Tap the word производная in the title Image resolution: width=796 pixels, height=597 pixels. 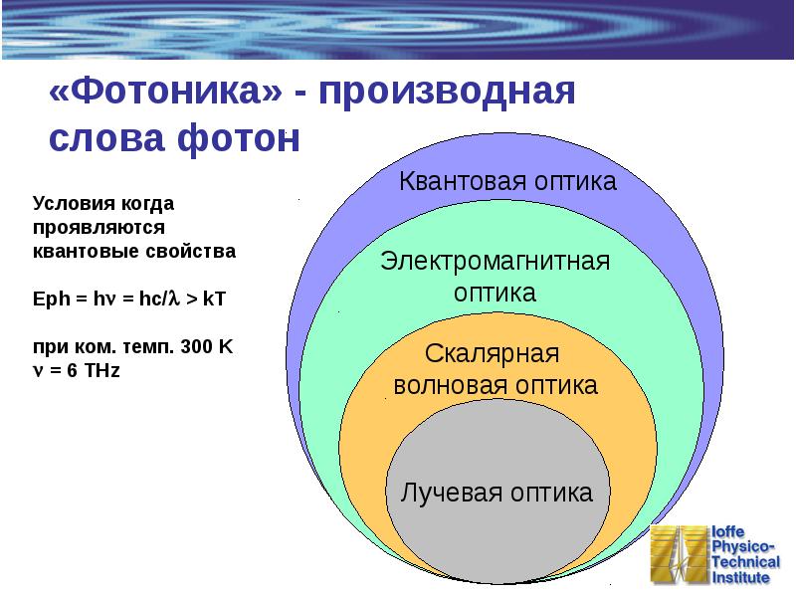pyautogui.click(x=448, y=95)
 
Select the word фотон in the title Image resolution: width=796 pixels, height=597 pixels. pyautogui.click(x=242, y=139)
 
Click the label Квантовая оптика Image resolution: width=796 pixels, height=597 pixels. pyautogui.click(x=507, y=181)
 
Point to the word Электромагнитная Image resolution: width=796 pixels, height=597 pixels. pyautogui.click(x=495, y=263)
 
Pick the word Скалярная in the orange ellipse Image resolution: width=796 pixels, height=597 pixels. pyautogui.click(x=493, y=354)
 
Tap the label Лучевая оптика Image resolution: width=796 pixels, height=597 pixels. pyautogui.click(x=497, y=493)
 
